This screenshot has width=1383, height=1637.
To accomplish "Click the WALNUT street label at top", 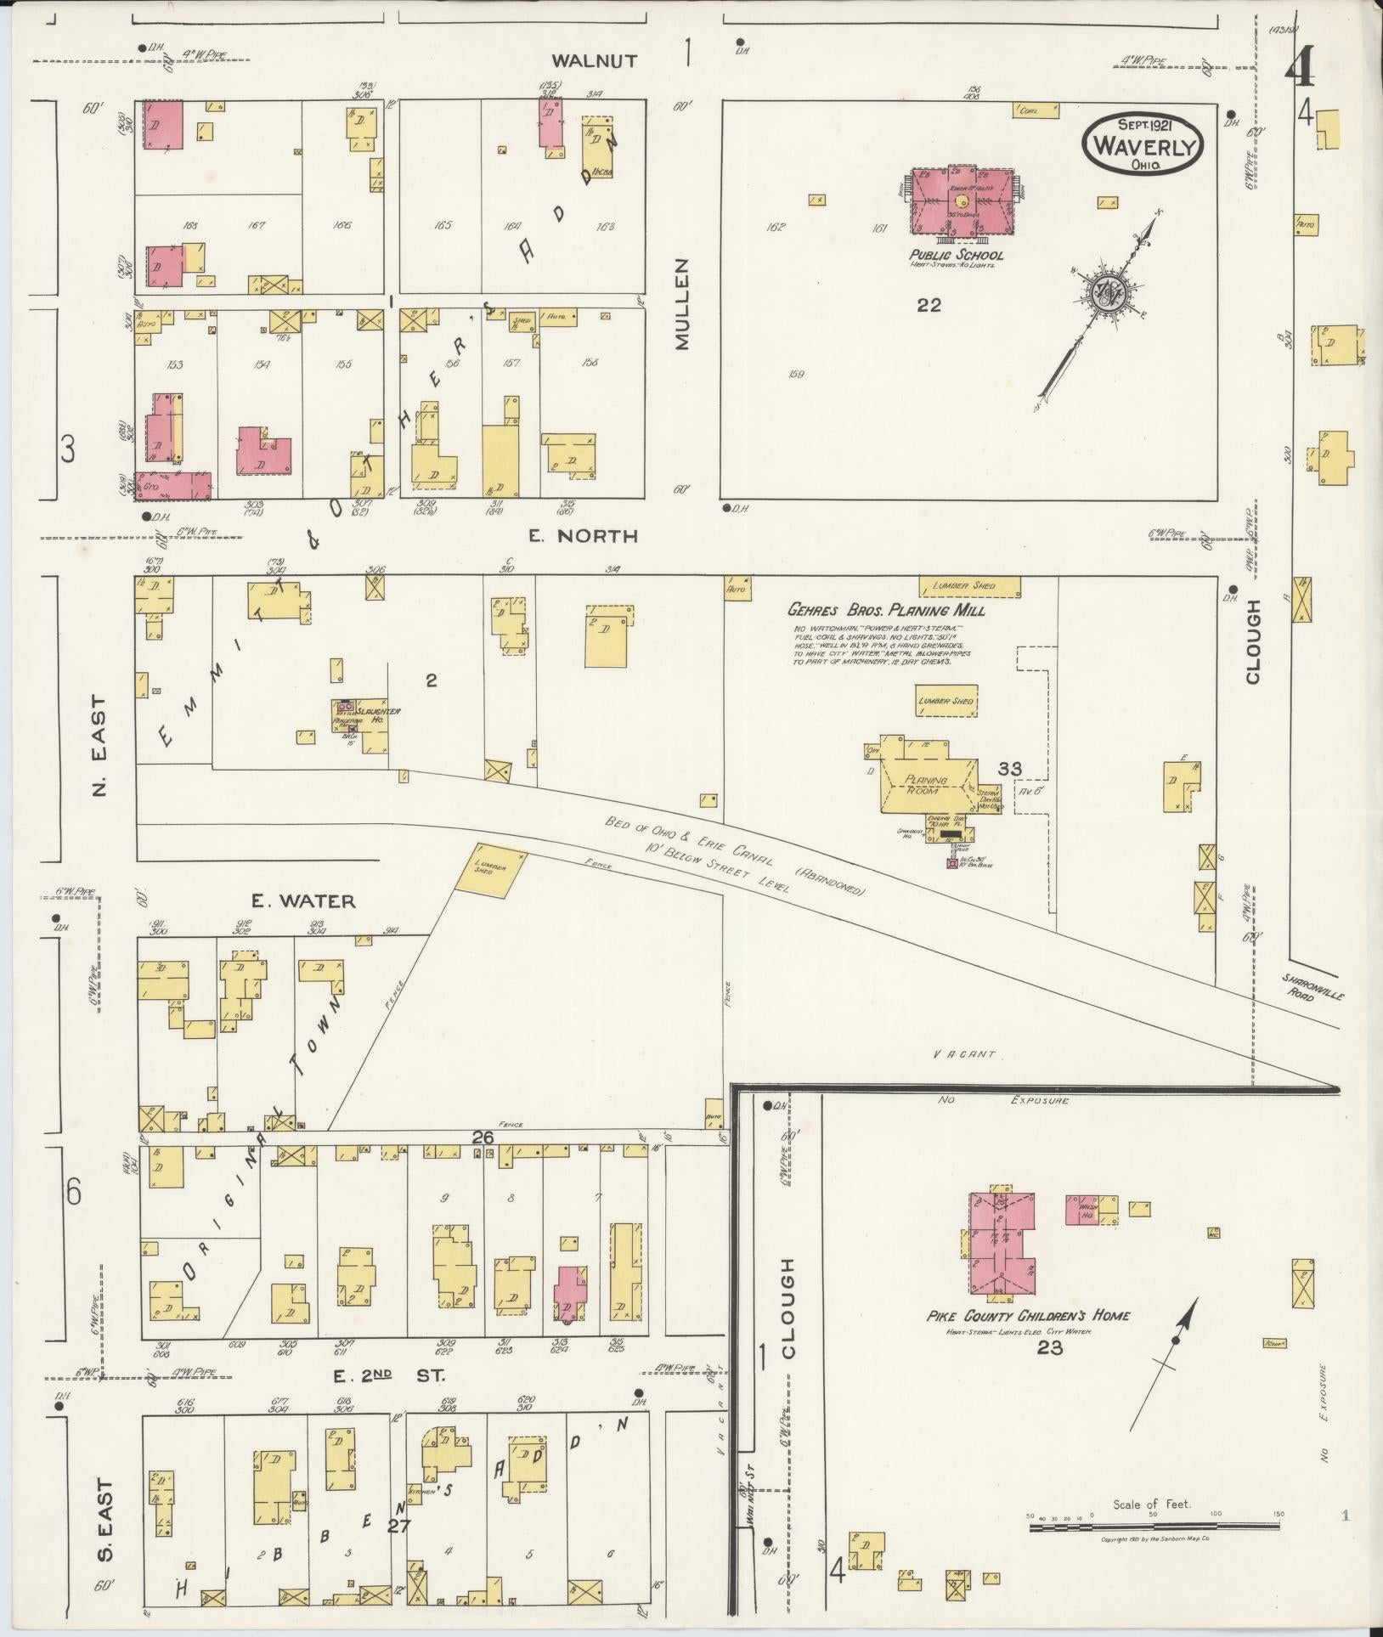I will click(x=583, y=60).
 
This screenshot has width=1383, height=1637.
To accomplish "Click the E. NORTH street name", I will click(x=582, y=536).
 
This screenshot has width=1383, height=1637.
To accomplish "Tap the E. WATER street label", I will click(x=302, y=900).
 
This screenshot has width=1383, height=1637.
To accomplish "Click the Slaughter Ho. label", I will click(x=378, y=714).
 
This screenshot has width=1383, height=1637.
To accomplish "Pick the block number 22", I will click(x=929, y=305).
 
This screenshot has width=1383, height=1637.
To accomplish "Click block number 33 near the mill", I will click(x=1009, y=769).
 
